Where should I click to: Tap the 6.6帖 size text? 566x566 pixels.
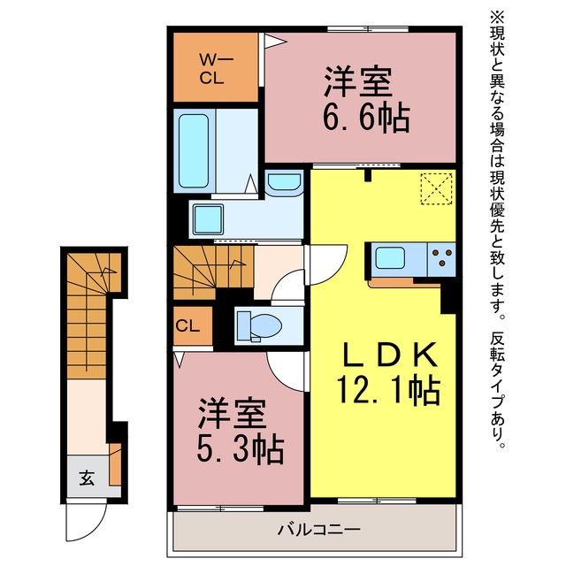click(x=366, y=118)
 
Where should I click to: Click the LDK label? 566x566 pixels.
click(x=388, y=355)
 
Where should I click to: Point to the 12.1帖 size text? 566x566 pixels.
click(x=388, y=390)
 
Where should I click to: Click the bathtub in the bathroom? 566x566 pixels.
click(x=194, y=151)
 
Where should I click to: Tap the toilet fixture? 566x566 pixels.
click(x=259, y=326)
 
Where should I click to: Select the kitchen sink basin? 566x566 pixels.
click(x=389, y=257)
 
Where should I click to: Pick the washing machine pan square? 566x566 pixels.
click(x=208, y=219)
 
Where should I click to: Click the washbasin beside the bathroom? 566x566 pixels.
click(x=285, y=183)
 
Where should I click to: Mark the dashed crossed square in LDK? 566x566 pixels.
click(x=436, y=188)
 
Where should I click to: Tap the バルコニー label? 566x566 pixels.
click(x=319, y=530)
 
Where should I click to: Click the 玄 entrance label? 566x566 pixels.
click(x=87, y=478)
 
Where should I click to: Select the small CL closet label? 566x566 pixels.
click(x=187, y=326)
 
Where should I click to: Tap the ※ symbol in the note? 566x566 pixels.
click(x=497, y=18)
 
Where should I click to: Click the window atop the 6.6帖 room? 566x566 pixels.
click(x=368, y=29)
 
